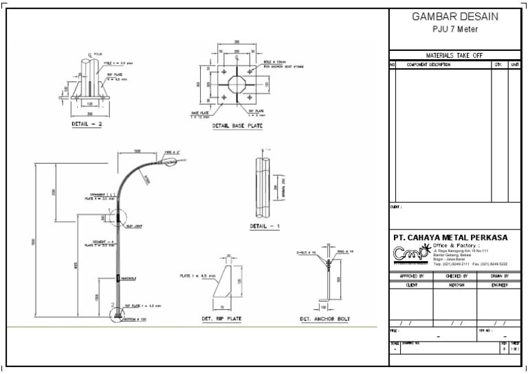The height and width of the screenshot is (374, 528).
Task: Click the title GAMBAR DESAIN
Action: point(454,17)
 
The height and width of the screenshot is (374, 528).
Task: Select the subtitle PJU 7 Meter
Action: point(454,29)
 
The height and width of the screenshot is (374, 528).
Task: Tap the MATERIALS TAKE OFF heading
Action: point(454,54)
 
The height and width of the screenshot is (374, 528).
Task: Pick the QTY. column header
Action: point(498,65)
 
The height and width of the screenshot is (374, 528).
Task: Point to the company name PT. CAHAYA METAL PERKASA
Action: point(450,238)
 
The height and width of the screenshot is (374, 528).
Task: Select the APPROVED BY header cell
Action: point(412,276)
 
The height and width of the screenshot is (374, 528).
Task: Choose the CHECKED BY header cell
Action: point(456,276)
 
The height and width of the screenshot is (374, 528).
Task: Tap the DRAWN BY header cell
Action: point(500,276)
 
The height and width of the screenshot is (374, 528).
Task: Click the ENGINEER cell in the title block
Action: point(500,284)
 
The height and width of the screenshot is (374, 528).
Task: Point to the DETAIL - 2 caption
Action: point(87,125)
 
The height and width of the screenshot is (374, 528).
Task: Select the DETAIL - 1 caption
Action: point(265,226)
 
